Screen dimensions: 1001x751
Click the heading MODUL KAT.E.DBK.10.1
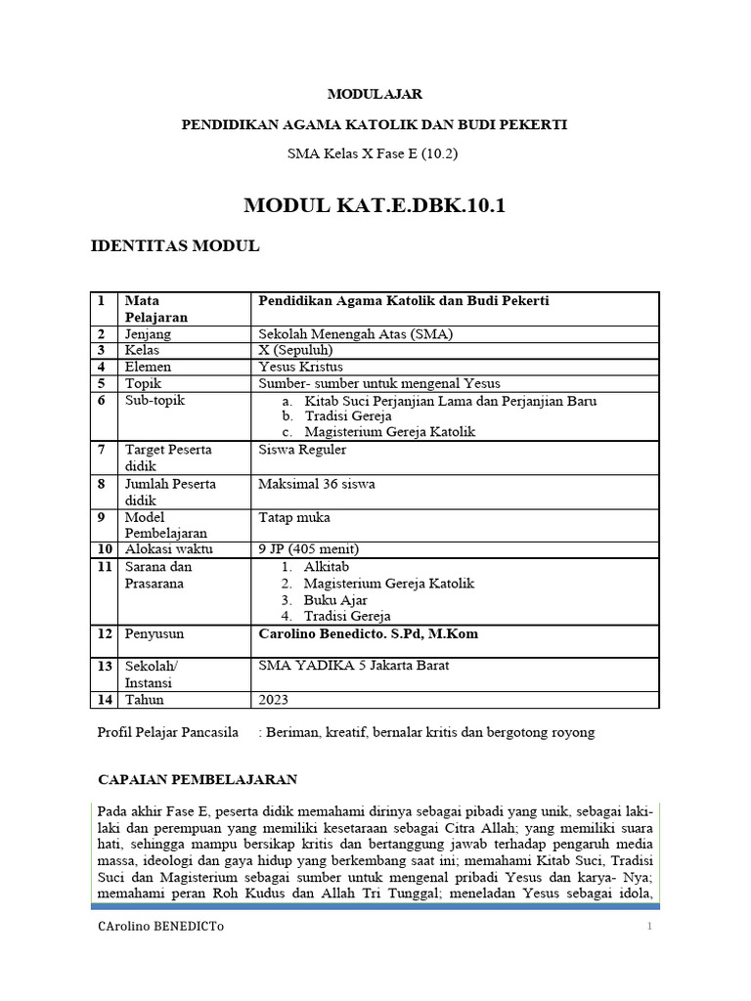[x=375, y=205]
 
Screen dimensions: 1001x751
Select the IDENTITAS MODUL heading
[x=175, y=246]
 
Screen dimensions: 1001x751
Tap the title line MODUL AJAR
[x=375, y=95]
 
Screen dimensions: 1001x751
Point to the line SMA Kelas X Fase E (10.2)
[x=375, y=153]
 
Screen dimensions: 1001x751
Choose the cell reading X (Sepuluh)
[x=295, y=350]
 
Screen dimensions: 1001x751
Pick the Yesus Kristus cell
[x=300, y=367]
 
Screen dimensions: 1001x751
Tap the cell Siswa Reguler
[x=302, y=450]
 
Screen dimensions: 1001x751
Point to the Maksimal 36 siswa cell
[x=317, y=484]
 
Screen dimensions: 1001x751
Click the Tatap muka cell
[x=294, y=517]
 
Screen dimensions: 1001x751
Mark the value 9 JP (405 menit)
[x=309, y=548]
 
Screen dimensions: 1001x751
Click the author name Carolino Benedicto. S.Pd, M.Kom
[x=368, y=633]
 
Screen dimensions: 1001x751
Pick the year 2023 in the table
[x=274, y=700]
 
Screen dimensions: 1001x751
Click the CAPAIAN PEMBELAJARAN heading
[x=199, y=779]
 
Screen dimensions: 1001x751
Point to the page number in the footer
[x=648, y=926]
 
